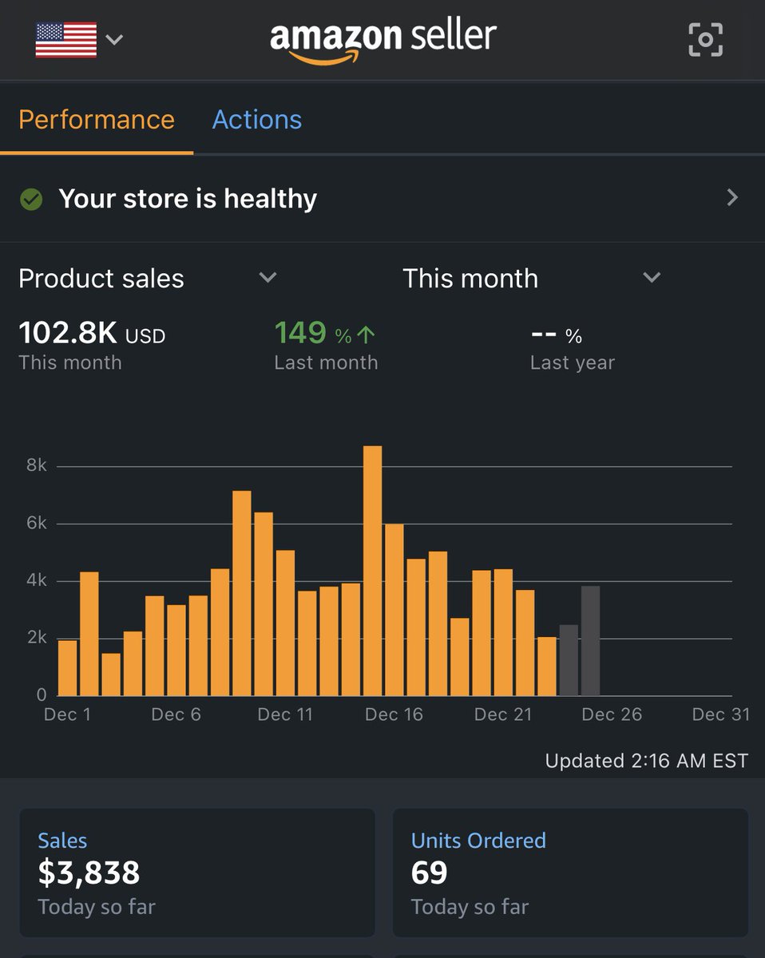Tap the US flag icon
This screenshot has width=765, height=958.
[65, 40]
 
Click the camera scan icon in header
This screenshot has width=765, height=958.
[705, 40]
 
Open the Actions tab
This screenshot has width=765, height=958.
[256, 120]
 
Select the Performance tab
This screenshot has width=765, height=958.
[96, 120]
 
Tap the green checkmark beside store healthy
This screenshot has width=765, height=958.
[31, 199]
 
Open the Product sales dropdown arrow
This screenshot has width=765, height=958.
[268, 278]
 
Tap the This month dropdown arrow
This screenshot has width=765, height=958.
[652, 278]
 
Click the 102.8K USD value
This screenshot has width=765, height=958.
[91, 333]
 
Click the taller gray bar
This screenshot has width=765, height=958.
[590, 641]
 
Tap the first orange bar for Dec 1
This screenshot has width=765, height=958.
[68, 668]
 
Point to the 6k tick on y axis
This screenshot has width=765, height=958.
[36, 524]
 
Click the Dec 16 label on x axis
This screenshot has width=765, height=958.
[394, 715]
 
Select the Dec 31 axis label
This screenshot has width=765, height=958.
[720, 715]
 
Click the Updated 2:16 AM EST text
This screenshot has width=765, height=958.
[646, 761]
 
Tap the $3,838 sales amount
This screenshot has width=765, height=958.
[89, 873]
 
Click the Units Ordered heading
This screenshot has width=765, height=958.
[478, 840]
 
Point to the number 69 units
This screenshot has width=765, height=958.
[429, 873]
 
